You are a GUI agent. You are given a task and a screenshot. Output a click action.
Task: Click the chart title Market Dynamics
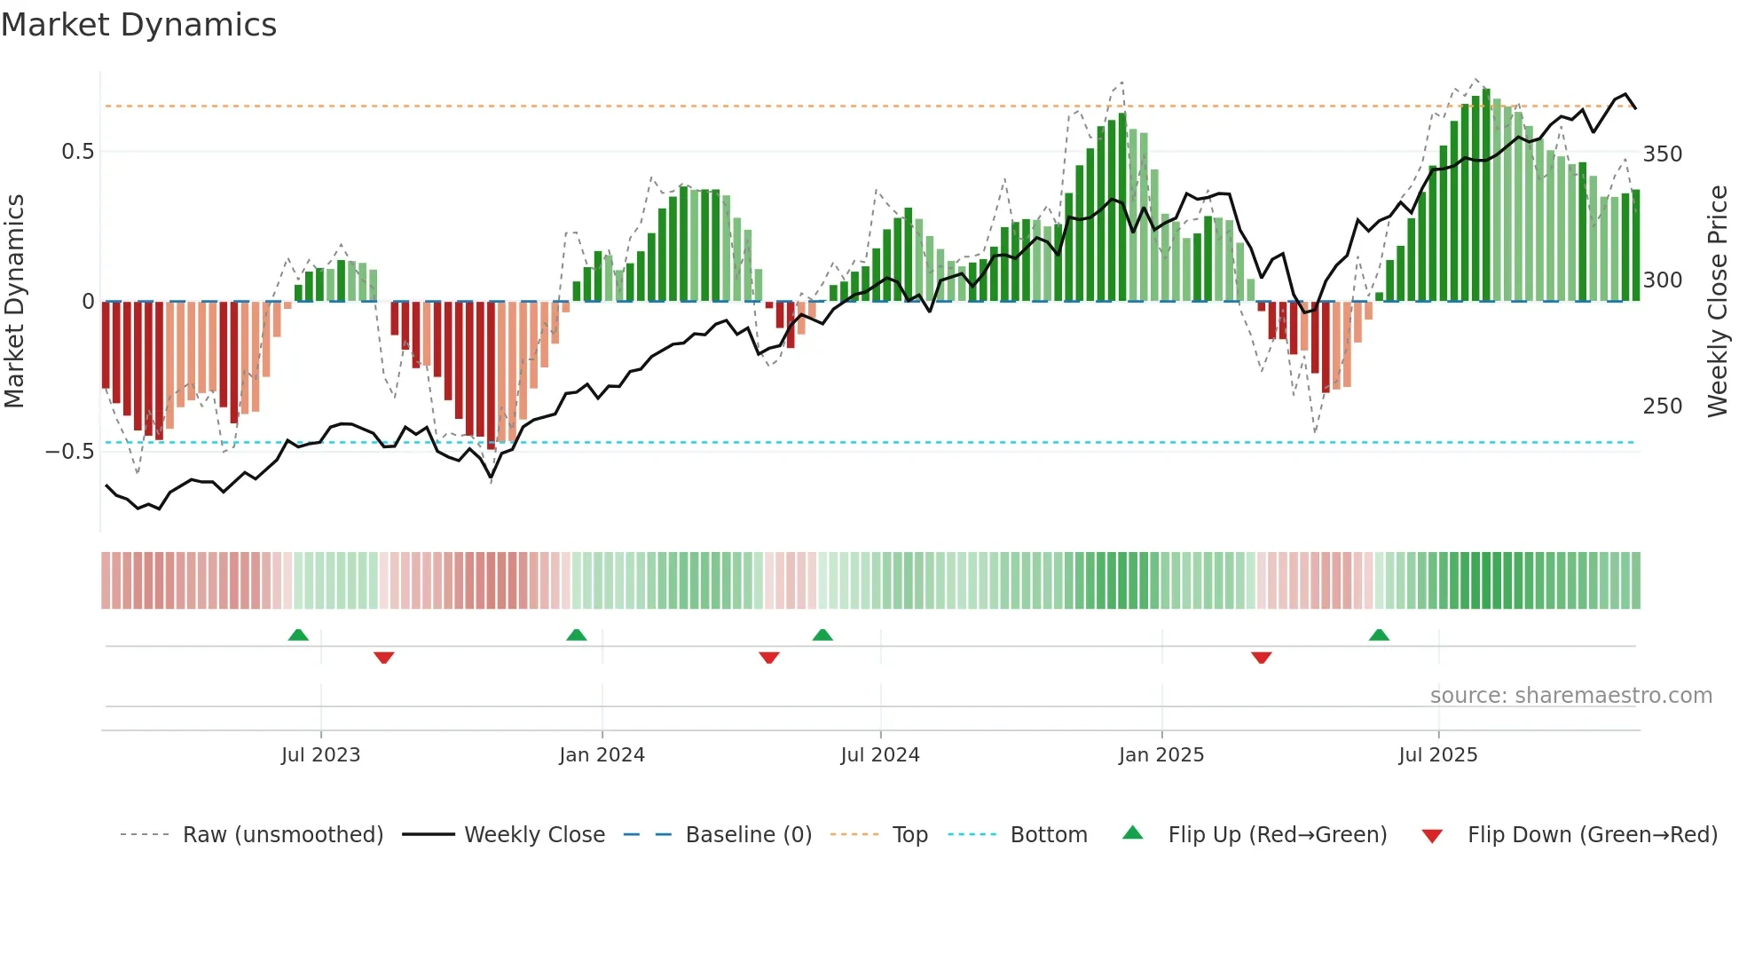point(139,25)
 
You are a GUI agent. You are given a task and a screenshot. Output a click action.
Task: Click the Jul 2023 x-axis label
point(320,754)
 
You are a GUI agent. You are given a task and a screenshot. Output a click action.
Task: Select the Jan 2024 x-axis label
point(602,754)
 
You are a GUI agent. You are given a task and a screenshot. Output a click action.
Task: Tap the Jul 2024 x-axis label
point(879,754)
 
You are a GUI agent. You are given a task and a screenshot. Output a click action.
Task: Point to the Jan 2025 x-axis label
point(1161,754)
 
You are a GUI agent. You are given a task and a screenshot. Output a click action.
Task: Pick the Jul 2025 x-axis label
point(1437,754)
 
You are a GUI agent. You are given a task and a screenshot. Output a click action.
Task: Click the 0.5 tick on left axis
point(77,152)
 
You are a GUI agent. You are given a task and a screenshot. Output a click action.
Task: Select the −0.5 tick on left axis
point(70,452)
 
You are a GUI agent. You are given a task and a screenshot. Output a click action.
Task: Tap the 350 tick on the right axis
point(1662,154)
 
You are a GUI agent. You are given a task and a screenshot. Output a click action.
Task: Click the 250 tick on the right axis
point(1662,406)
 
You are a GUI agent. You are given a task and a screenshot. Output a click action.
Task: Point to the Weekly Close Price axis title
point(1718,302)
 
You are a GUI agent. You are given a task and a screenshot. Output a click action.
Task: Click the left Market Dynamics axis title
point(14,302)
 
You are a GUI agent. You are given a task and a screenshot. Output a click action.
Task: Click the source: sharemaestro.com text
point(1570,696)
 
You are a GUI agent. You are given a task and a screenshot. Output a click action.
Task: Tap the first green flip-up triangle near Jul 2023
point(298,635)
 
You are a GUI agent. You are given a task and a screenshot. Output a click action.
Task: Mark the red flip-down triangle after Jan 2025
point(1261,658)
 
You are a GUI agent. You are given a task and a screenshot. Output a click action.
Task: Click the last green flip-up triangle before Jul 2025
point(1378,635)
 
